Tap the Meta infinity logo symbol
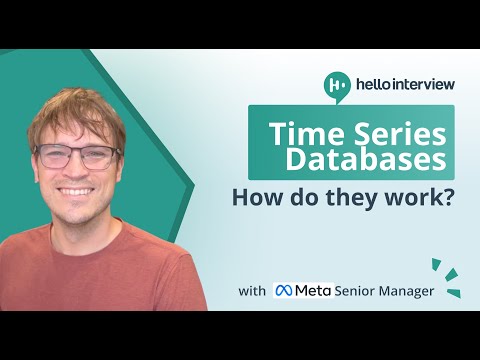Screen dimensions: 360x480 284,291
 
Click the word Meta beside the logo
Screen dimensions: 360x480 313,291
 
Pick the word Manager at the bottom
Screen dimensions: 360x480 416,291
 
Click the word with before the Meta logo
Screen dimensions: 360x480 252,292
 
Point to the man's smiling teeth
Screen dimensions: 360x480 78,194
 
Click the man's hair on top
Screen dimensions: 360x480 75,105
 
